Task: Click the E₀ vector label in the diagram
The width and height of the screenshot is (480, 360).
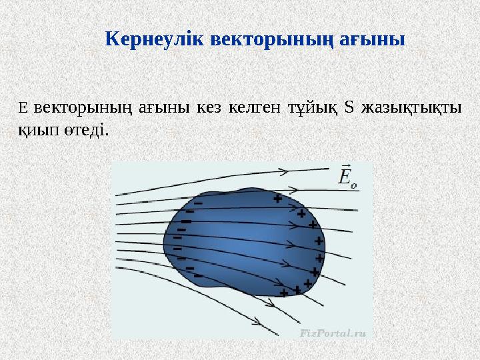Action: click(348, 177)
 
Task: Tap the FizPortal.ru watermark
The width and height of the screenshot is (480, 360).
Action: click(333, 331)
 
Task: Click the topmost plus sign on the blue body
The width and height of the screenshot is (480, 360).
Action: click(277, 198)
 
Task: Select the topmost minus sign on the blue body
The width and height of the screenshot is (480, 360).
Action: click(198, 204)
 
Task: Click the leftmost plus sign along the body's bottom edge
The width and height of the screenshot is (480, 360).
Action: click(284, 293)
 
